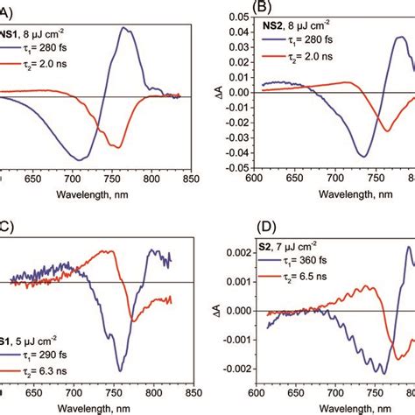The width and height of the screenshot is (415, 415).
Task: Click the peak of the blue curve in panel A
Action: (x=128, y=28)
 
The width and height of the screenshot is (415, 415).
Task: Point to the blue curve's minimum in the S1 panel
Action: (x=120, y=370)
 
